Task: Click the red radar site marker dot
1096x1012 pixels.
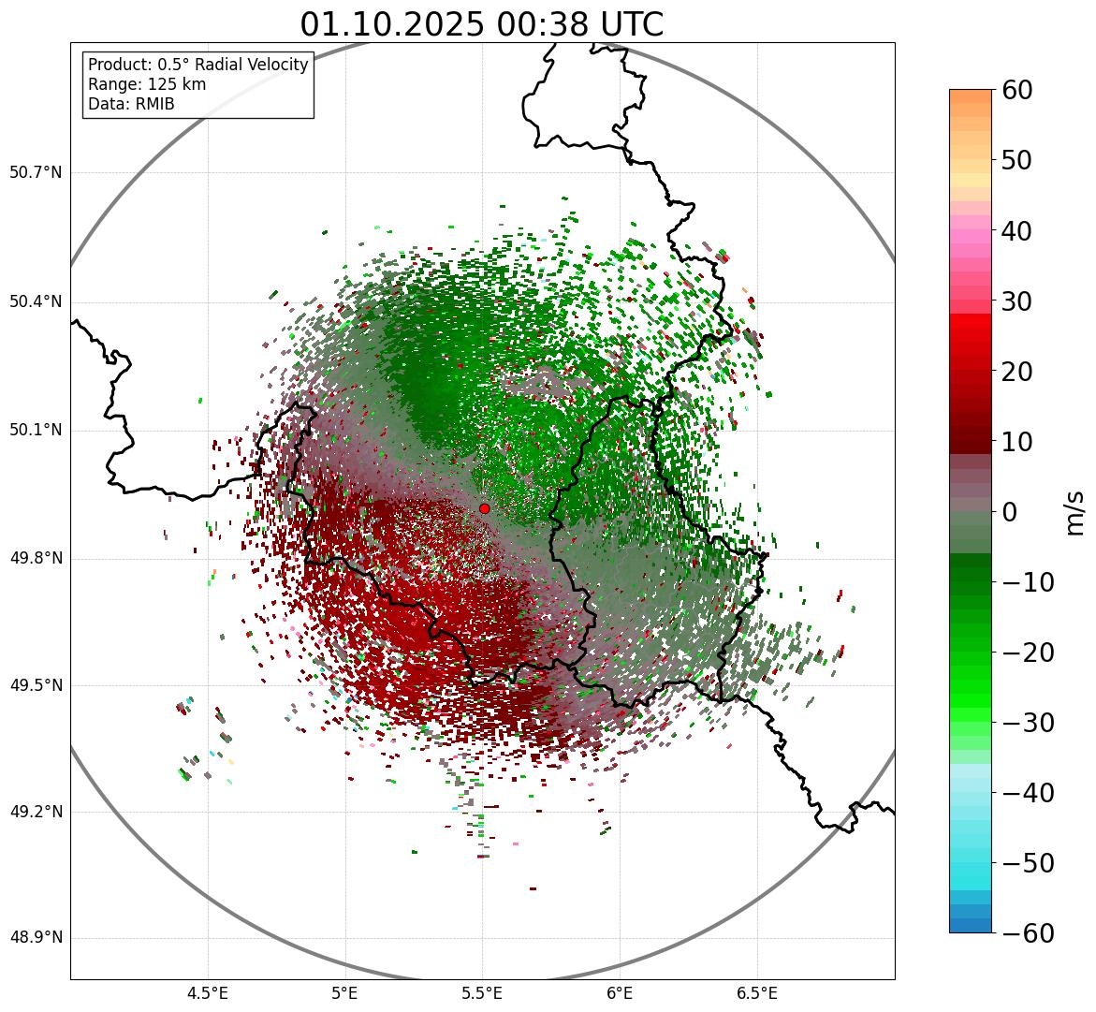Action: click(x=485, y=508)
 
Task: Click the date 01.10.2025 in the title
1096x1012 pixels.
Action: click(x=392, y=24)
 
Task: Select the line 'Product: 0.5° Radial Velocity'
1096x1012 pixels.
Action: click(x=197, y=65)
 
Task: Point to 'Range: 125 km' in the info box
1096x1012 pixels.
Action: click(x=147, y=84)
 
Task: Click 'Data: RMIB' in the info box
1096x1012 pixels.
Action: click(x=131, y=104)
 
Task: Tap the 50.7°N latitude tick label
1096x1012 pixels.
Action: click(x=36, y=173)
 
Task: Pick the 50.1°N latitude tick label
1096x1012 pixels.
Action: click(x=36, y=431)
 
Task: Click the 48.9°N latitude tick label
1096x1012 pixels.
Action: click(x=36, y=938)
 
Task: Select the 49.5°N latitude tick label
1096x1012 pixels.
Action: click(x=36, y=685)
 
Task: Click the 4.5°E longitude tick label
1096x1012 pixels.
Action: click(x=208, y=993)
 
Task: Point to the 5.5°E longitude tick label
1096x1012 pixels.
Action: click(x=482, y=993)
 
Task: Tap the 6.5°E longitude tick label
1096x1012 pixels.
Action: click(x=757, y=993)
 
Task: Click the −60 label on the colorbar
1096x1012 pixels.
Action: click(x=1028, y=933)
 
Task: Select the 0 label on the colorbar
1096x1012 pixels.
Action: click(x=1010, y=512)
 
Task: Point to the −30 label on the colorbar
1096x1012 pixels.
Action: click(x=1028, y=723)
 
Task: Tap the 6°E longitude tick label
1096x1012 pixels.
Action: click(x=620, y=993)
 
